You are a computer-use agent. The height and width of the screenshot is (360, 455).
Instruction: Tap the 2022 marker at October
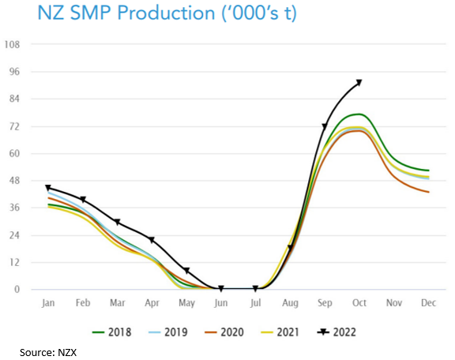pos(359,82)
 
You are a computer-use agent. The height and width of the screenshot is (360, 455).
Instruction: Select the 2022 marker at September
pos(325,126)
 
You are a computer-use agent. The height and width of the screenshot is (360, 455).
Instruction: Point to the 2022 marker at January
pos(48,188)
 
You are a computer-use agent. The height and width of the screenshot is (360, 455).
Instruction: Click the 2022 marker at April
pos(152,240)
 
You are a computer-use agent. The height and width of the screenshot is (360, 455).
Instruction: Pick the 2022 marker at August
pos(290,248)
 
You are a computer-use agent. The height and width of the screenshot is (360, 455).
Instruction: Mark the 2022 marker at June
pos(220,289)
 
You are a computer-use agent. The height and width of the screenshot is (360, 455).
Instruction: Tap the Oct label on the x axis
pos(359,303)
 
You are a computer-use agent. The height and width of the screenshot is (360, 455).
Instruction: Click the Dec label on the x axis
pos(428,303)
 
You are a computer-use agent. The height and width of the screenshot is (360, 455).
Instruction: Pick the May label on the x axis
pos(186,303)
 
